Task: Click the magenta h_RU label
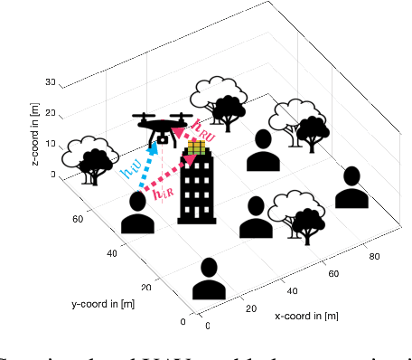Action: point(204,128)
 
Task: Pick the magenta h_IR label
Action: point(164,192)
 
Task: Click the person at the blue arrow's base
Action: point(138,213)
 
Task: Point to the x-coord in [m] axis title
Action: point(309,316)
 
